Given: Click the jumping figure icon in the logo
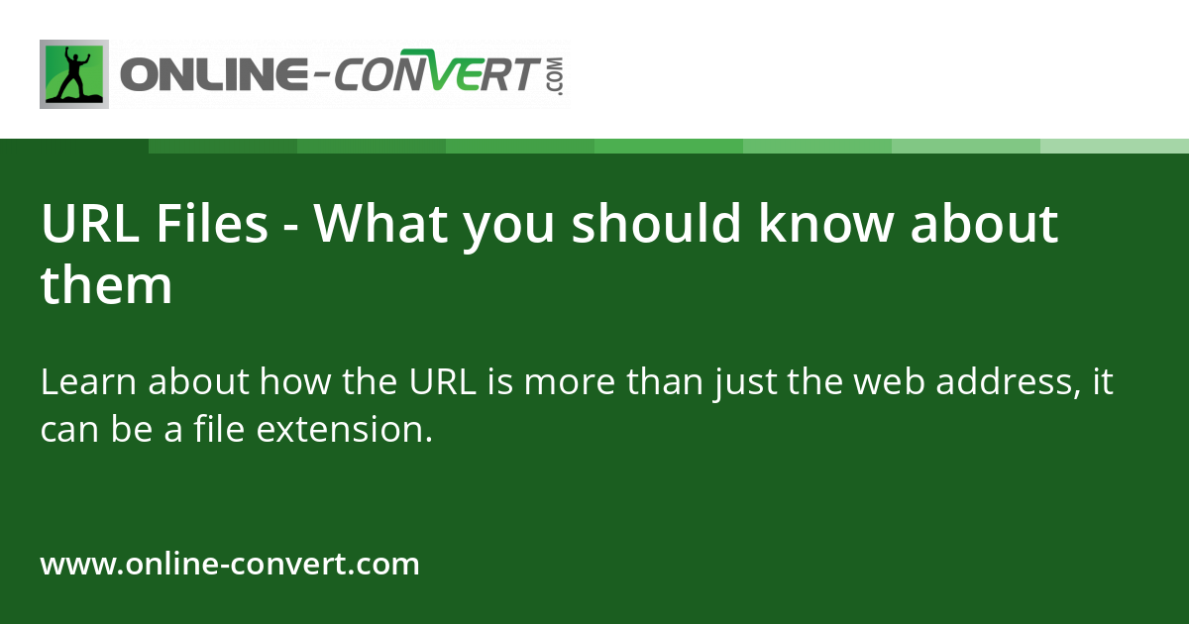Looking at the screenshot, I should click(x=73, y=74).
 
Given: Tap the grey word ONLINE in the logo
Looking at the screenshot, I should click(x=212, y=75).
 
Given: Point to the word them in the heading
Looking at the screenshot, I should click(x=106, y=285).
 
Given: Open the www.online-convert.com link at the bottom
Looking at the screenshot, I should click(x=230, y=565).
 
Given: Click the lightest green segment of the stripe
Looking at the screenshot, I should click(x=1115, y=146).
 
